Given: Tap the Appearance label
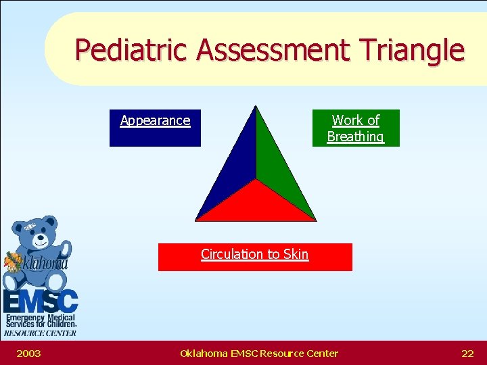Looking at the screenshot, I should [155, 121].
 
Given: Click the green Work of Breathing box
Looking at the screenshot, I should [355, 128].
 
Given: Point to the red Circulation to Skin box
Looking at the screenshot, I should [255, 257].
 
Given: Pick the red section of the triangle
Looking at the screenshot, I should [256, 203].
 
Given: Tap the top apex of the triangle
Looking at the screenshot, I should [256, 107].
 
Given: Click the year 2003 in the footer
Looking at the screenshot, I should [28, 353].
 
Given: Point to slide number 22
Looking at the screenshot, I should [467, 353].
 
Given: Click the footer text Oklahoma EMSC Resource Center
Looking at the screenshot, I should [259, 353].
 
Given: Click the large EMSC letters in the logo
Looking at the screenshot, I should [40, 301].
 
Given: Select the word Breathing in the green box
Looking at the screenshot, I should [355, 137].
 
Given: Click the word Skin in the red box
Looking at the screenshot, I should [296, 254].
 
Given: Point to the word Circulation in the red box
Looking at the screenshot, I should [232, 254].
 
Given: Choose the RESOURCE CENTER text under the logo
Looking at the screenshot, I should [40, 333].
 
